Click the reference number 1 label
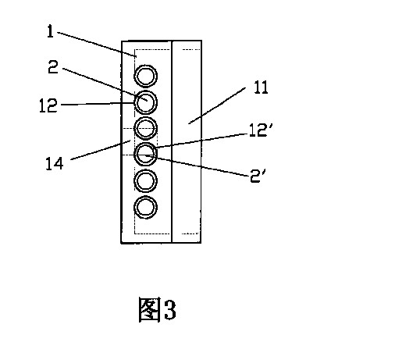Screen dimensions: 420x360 (50, 31)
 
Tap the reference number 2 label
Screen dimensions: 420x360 (53, 66)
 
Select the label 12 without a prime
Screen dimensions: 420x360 (48, 105)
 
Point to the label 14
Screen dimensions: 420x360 (55, 164)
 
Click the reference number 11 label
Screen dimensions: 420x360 (261, 87)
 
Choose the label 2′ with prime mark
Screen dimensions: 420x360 (258, 176)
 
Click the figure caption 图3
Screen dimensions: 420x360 (157, 310)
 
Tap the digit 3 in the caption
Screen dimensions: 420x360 (170, 310)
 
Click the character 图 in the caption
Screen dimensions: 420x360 (149, 310)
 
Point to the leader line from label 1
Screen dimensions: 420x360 (97, 45)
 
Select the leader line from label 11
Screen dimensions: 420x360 (217, 105)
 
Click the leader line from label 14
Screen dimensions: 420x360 (101, 150)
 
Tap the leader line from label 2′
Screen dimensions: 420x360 (198, 166)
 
